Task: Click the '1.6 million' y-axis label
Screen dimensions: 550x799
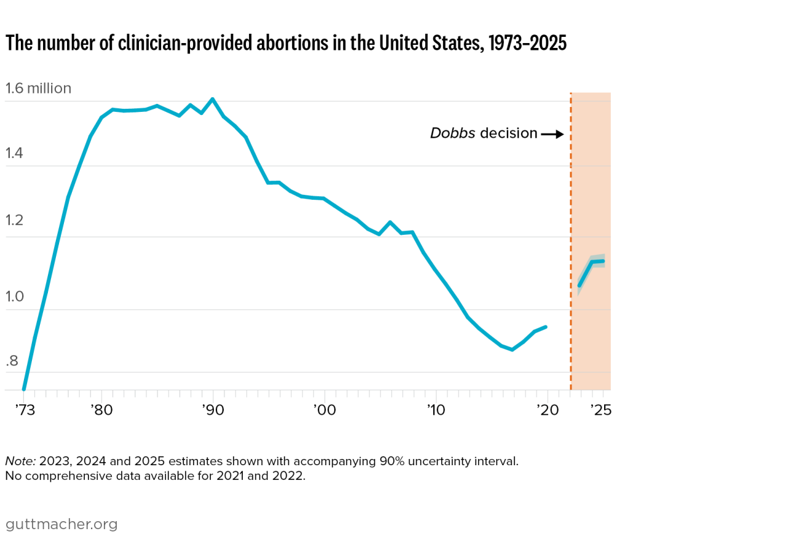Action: [x=38, y=88]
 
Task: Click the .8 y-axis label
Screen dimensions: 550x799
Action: [x=12, y=361]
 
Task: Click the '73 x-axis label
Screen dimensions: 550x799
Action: [x=24, y=410]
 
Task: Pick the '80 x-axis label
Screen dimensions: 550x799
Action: [x=101, y=410]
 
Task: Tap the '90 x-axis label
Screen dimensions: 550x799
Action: [x=213, y=410]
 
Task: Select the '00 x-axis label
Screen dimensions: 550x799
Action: [x=324, y=410]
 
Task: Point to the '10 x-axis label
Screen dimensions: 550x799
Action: [x=435, y=410]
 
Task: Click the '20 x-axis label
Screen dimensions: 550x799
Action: [x=546, y=410]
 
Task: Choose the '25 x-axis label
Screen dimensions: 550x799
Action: [x=600, y=410]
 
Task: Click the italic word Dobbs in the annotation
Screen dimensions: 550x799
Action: [x=452, y=133]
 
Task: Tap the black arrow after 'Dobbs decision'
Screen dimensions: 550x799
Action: [x=553, y=134]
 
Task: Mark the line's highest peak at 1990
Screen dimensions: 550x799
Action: [x=213, y=99]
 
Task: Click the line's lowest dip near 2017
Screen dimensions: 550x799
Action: [x=512, y=349]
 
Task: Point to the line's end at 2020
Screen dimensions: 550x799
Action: [x=546, y=327]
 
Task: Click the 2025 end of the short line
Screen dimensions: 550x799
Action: [x=603, y=261]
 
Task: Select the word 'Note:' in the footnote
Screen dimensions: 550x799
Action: [x=20, y=461]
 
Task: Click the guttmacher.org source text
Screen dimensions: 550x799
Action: [x=61, y=524]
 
